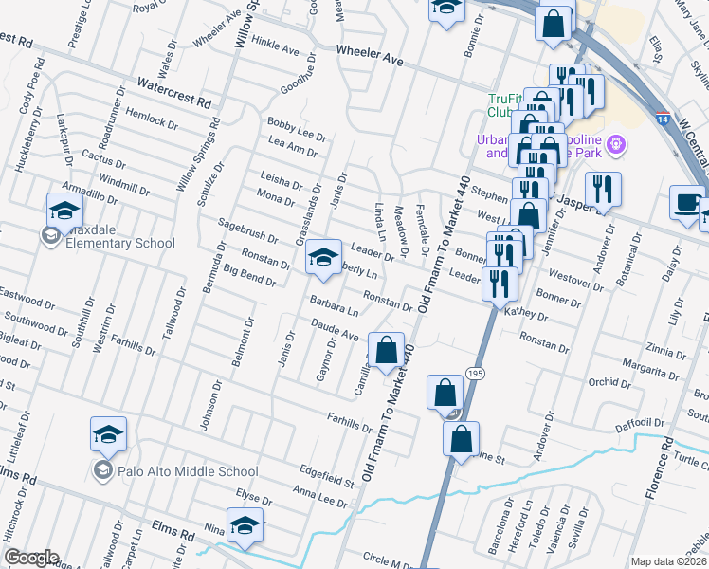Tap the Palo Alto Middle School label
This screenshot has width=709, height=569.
click(187, 470)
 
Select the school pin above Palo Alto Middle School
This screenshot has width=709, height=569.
click(109, 433)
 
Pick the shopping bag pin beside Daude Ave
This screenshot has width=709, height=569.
click(386, 350)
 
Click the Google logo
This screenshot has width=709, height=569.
click(32, 558)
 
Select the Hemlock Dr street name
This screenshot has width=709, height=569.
click(152, 119)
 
